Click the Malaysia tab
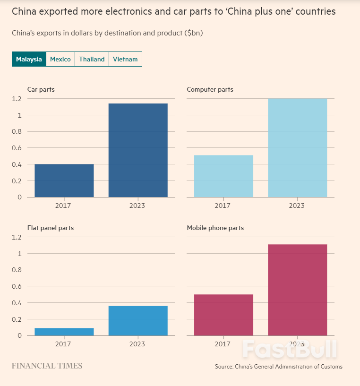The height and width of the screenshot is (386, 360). tap(29, 59)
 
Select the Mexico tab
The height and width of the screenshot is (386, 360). tap(60, 59)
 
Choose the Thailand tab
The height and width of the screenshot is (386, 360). tap(92, 59)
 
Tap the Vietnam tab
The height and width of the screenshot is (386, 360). tap(125, 59)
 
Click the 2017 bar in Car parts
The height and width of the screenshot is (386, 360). tap(64, 180)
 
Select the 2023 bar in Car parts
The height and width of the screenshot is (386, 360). tap(138, 150)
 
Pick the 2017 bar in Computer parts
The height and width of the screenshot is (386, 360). tap(223, 176)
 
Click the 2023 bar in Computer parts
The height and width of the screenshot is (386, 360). tap(297, 148)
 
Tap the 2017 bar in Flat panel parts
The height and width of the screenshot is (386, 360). tap(64, 332)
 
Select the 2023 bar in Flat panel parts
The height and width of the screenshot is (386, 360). tap(138, 321)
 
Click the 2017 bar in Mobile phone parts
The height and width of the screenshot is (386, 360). tap(223, 315)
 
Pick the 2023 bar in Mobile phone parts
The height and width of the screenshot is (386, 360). tap(297, 290)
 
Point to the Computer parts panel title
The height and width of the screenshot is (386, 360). tap(210, 89)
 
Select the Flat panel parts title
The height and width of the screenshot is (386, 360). tap(51, 228)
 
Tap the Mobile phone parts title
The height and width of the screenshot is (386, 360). tap(215, 228)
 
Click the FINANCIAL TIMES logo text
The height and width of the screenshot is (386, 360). tap(47, 366)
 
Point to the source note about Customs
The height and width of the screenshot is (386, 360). tap(278, 367)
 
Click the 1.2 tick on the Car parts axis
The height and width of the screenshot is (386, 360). tap(17, 99)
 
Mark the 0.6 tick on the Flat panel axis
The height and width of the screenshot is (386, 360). tap(17, 286)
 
